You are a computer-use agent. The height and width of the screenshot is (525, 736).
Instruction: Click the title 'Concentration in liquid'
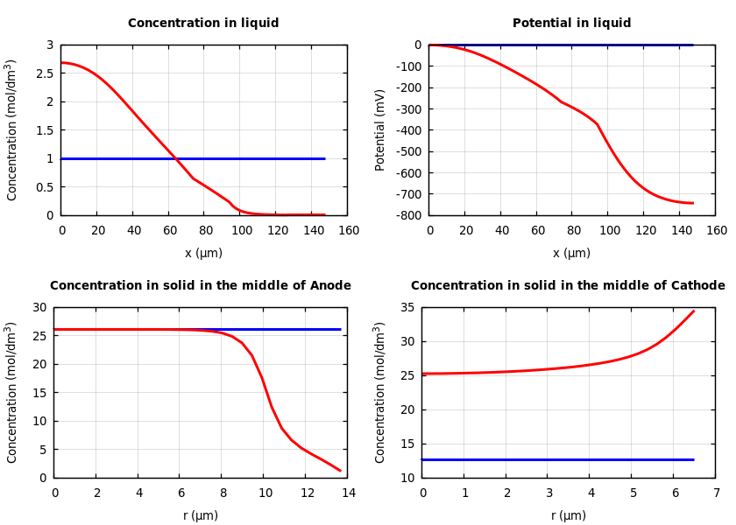click(203, 24)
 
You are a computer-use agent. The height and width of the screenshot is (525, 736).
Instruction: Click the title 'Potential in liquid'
click(571, 24)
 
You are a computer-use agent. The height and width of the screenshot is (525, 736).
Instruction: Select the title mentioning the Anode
click(201, 286)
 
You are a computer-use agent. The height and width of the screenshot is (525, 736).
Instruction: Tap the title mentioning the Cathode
click(568, 286)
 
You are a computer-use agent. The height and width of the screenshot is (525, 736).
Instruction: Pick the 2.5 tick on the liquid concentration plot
click(45, 73)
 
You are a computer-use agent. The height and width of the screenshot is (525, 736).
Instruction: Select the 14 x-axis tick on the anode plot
click(349, 493)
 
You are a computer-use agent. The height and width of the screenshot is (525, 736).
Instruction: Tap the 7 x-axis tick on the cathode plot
click(716, 493)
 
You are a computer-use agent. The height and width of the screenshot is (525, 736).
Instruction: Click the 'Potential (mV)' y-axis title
click(380, 129)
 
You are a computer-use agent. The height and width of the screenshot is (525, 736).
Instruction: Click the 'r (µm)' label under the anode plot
click(201, 515)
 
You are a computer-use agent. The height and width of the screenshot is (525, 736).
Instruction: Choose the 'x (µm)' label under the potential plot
click(571, 253)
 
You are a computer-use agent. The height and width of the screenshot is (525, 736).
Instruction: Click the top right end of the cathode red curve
click(694, 311)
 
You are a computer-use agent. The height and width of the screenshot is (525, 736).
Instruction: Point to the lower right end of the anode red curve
click(340, 471)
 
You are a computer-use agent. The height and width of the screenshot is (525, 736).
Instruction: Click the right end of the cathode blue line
click(693, 459)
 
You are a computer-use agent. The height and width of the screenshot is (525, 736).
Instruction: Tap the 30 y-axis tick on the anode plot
click(39, 308)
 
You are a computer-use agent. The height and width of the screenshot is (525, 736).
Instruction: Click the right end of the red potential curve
click(693, 203)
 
